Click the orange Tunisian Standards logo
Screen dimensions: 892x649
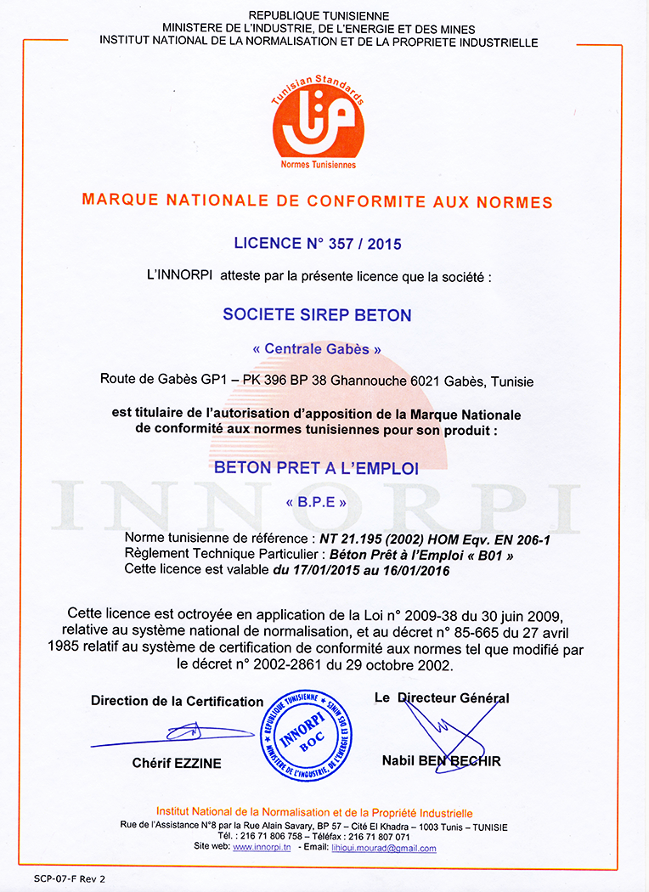click(318, 122)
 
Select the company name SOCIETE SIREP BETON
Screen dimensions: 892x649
click(317, 315)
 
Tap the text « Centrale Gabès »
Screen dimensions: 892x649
click(317, 348)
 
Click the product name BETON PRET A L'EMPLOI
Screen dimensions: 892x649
click(316, 467)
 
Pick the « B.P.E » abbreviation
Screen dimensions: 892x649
click(316, 502)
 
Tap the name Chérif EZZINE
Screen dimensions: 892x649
click(177, 764)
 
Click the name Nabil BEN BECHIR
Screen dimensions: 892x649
click(441, 761)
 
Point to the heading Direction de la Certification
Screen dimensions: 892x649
click(177, 701)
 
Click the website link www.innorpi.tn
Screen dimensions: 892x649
click(262, 848)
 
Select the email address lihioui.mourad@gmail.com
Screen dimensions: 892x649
click(383, 848)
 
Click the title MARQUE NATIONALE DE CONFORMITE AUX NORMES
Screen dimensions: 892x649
click(316, 202)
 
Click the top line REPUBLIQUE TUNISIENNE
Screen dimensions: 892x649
click(319, 16)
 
